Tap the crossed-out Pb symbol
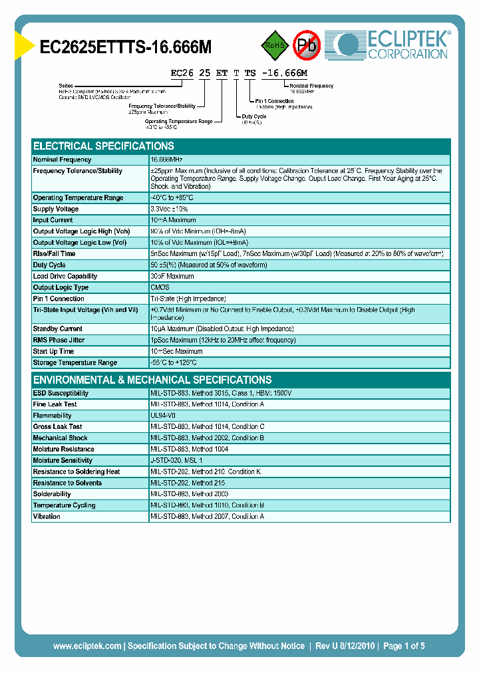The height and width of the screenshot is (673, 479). [x=307, y=45]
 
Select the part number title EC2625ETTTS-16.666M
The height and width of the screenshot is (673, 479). [x=126, y=47]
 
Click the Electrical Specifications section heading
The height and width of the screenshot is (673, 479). [x=104, y=146]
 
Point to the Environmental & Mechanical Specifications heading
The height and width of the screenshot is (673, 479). [x=152, y=380]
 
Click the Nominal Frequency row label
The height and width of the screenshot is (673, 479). [x=63, y=160]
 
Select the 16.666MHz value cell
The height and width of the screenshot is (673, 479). [x=167, y=160]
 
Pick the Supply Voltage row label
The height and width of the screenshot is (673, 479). [x=56, y=209]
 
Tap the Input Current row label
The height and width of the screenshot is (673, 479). [x=53, y=220]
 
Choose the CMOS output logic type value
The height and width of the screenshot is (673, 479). [x=160, y=287]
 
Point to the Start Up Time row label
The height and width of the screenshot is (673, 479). [x=54, y=351]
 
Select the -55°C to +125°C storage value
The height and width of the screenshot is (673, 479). [x=174, y=362]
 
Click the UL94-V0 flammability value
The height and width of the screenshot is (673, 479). [x=163, y=416]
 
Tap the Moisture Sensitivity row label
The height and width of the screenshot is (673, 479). [x=63, y=460]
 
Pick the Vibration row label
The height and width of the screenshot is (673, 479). [x=47, y=516]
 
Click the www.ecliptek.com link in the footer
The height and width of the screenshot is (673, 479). [x=87, y=646]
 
